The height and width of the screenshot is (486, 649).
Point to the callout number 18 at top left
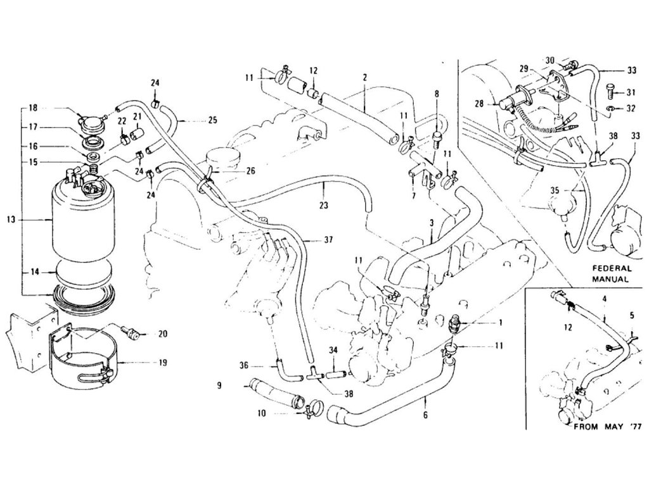(x=34, y=109)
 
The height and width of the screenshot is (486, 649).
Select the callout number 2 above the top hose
(x=365, y=77)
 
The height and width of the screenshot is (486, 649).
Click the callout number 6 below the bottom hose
(x=425, y=415)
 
